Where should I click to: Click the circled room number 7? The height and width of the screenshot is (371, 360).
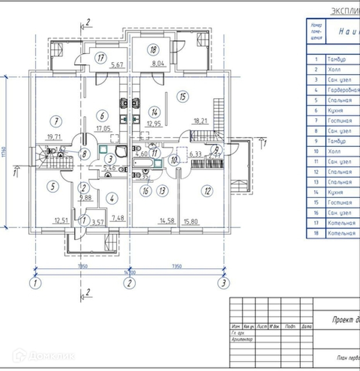point(56,121)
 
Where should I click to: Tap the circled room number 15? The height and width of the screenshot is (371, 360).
point(182,96)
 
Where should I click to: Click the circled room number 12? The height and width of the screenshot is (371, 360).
point(207,190)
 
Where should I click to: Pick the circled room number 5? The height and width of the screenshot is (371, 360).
point(52,186)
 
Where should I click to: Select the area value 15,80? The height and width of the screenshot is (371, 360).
point(191,220)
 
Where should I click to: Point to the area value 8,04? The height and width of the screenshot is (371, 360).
point(159,64)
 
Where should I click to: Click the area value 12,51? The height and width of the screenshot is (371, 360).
point(61,220)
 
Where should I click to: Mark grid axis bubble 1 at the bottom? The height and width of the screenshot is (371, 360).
point(36,283)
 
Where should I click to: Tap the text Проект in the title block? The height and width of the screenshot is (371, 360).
point(343,320)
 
